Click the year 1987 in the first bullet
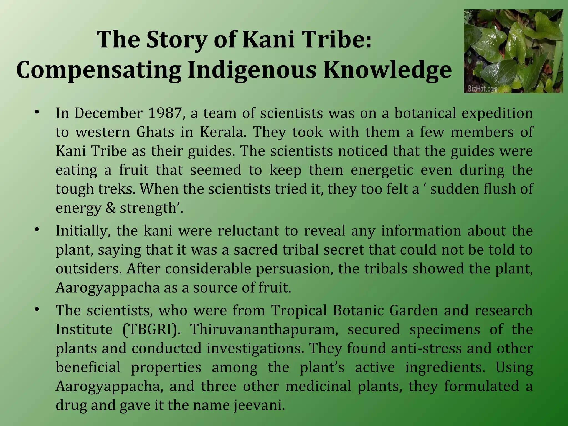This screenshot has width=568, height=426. (x=166, y=113)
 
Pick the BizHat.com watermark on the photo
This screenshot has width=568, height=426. (x=483, y=89)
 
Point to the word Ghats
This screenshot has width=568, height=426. (x=155, y=132)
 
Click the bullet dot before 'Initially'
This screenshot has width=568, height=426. (x=37, y=230)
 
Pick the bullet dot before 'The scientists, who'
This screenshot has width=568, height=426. (x=37, y=310)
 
